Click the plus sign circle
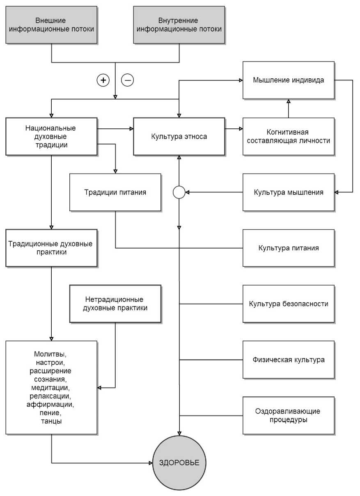(x=103, y=80)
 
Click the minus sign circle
(x=127, y=80)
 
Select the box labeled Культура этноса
(x=179, y=136)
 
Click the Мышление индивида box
(x=289, y=80)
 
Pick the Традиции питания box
(x=115, y=192)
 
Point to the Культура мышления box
(x=289, y=192)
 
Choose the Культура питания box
(x=289, y=248)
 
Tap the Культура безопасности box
(x=289, y=304)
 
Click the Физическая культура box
(x=289, y=360)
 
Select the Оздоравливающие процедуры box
(x=289, y=416)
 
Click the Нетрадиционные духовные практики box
(x=115, y=304)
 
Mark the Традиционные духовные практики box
(x=51, y=248)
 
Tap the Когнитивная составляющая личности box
(x=289, y=136)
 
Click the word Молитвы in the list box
(x=50, y=354)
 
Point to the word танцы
(x=51, y=421)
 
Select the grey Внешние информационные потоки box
(x=51, y=25)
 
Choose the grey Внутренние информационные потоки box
(x=179, y=25)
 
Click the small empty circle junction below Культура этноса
(x=179, y=192)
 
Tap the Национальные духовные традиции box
(x=51, y=136)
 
